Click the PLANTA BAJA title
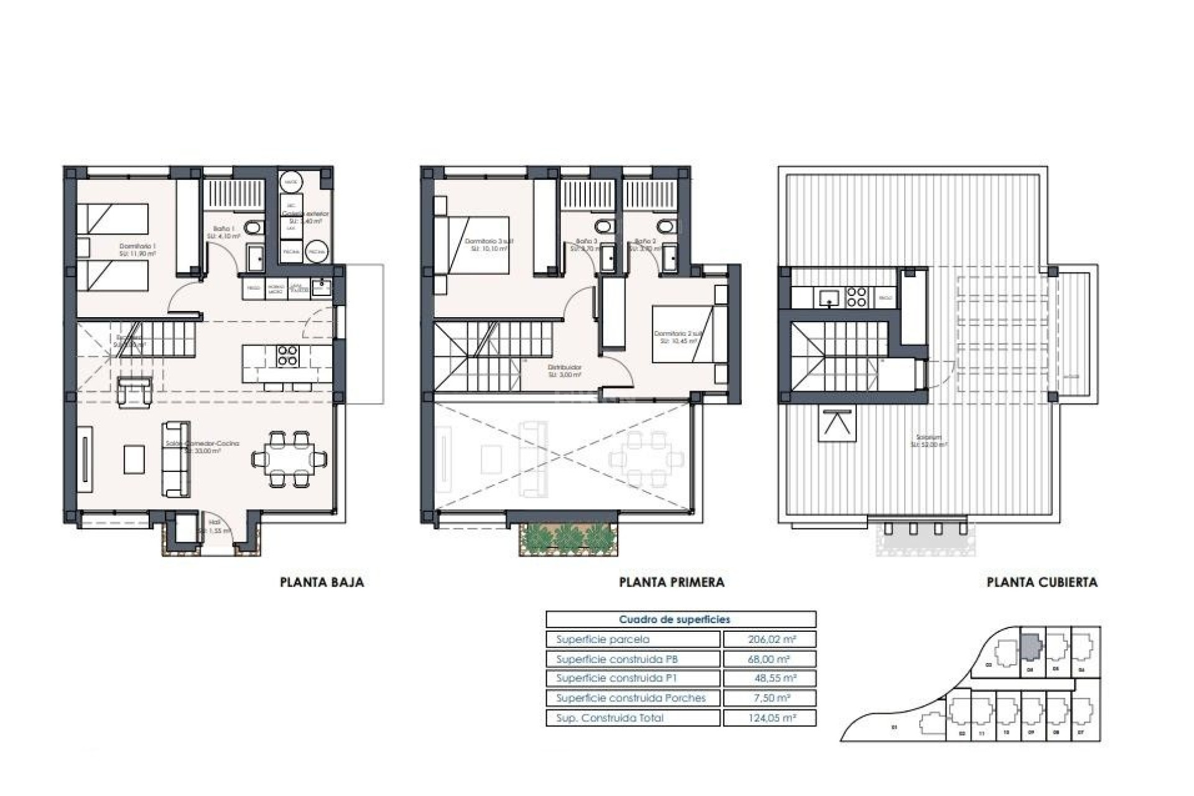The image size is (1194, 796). (x=322, y=583)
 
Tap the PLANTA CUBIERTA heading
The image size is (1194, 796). (x=1042, y=583)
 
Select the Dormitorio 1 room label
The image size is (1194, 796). (x=137, y=246)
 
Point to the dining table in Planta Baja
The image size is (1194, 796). (x=289, y=460)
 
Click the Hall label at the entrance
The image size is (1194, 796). (x=215, y=522)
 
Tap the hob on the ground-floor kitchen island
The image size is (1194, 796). (x=287, y=356)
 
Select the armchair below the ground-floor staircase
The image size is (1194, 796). (x=134, y=392)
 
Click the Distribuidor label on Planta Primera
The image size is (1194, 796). (x=565, y=368)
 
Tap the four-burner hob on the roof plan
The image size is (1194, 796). (x=856, y=297)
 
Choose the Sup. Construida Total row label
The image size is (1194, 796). (x=609, y=718)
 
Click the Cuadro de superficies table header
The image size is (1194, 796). (x=674, y=619)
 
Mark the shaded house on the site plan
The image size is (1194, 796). (x=1030, y=647)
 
